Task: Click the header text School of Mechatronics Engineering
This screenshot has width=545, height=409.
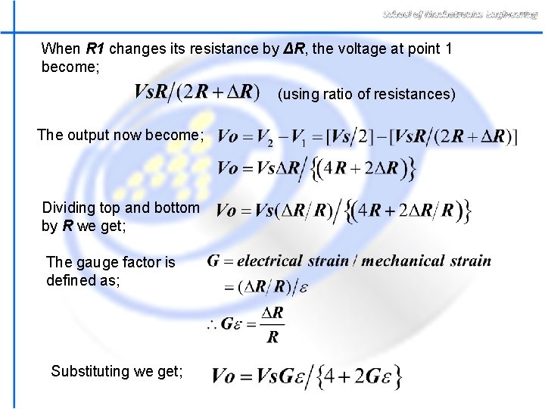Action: click(460, 14)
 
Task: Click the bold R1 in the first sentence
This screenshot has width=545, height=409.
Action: click(95, 49)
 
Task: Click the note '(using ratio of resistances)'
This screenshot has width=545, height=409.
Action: click(366, 94)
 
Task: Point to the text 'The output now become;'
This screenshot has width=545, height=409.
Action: click(120, 136)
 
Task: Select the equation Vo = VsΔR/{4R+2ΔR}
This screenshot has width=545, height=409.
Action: click(316, 168)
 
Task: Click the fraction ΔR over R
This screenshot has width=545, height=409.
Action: click(272, 324)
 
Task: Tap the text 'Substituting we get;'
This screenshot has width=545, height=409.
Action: click(117, 371)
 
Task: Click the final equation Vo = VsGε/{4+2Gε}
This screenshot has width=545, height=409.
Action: click(307, 376)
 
